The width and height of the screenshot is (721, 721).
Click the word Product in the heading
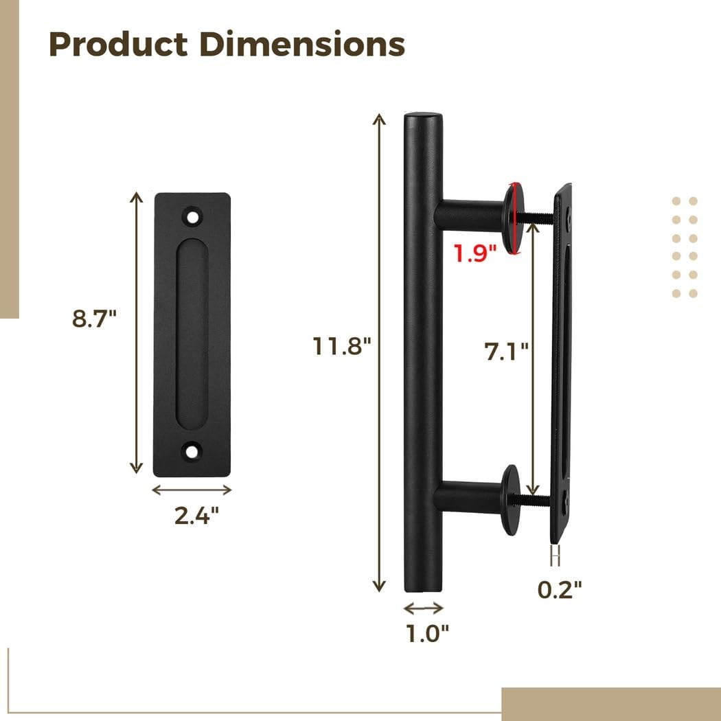pyautogui.click(x=118, y=44)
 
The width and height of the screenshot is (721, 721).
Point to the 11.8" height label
pyautogui.click(x=342, y=347)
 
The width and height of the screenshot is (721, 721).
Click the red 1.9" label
pyautogui.click(x=474, y=253)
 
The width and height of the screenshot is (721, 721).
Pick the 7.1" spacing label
pyautogui.click(x=507, y=351)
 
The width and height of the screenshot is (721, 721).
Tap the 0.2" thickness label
pyautogui.click(x=560, y=589)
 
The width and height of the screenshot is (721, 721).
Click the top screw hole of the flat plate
pyautogui.click(x=192, y=217)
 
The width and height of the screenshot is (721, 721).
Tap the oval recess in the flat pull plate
pyautogui.click(x=192, y=334)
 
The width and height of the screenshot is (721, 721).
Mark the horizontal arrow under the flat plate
pyautogui.click(x=192, y=490)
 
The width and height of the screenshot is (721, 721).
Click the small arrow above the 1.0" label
pyautogui.click(x=424, y=608)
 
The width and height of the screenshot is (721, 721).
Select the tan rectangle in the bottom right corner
pyautogui.click(x=611, y=704)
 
